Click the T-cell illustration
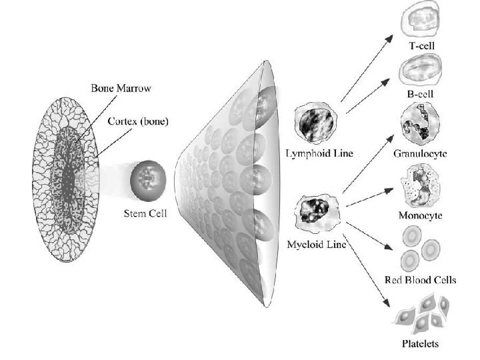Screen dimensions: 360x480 coord(421,22)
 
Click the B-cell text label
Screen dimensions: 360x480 coord(420,94)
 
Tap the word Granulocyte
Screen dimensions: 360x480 coord(420,153)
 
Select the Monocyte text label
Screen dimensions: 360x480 coord(420,217)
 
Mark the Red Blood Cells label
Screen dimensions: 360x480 coord(420,280)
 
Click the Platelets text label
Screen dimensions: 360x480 coord(420,345)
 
